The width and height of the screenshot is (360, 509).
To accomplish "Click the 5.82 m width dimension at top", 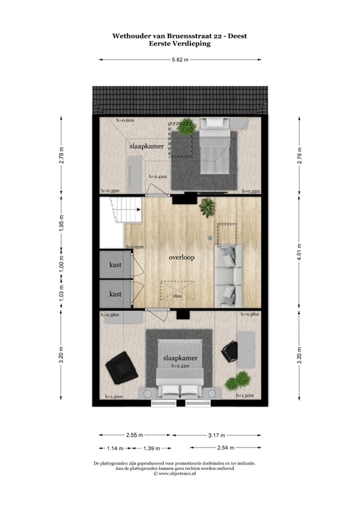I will (180, 60).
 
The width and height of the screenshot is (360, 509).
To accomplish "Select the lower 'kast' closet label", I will (115, 294).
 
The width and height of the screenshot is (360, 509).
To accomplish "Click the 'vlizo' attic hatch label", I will (178, 296).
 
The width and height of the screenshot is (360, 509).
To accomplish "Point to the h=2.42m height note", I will (158, 177).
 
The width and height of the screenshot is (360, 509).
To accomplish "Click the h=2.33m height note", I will (180, 365).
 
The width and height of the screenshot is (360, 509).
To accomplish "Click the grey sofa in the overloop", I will (229, 274).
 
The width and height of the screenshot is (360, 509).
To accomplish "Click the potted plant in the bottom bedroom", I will (235, 382).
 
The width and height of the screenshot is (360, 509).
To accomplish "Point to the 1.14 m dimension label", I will (114, 449).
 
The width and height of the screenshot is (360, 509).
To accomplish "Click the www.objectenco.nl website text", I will (180, 474).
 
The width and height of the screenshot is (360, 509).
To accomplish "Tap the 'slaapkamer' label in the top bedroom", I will (147, 145).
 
